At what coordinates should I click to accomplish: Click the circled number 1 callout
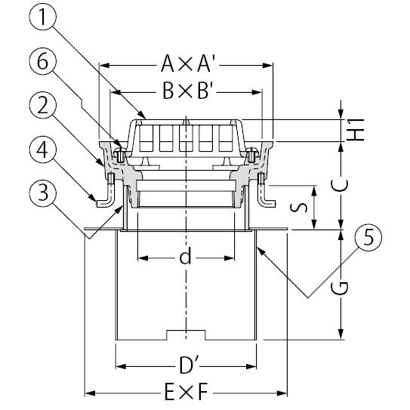42,16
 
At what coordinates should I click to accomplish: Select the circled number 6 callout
42,61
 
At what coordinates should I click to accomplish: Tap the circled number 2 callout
42,106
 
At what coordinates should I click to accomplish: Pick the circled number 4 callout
42,150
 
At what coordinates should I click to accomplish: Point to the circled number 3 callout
42,193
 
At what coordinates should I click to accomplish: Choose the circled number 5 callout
368,237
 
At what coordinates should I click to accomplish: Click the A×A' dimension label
188,63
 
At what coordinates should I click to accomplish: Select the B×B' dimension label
188,91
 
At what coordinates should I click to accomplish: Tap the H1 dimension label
355,130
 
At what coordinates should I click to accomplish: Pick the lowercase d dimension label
186,257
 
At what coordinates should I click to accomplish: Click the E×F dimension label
187,392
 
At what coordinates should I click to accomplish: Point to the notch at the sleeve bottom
186,335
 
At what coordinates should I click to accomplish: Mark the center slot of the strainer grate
186,138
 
